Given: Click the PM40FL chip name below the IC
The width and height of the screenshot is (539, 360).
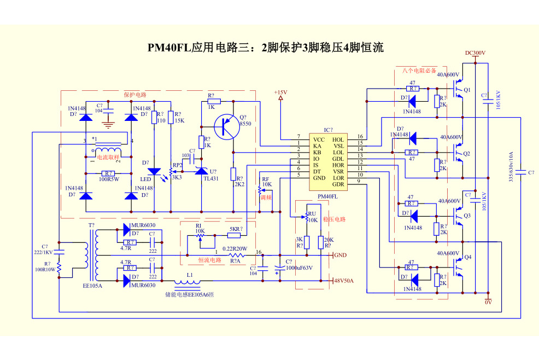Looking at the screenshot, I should [x=327, y=196].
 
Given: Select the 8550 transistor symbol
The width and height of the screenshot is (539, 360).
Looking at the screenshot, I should [x=226, y=127].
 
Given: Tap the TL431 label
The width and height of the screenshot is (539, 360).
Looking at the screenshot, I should [x=210, y=178].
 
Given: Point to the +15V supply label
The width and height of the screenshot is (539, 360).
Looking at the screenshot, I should [x=280, y=92].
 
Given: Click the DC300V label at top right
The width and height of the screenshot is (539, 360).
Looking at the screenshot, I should [x=475, y=53].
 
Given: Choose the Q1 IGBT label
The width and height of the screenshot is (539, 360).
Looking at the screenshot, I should [x=467, y=90].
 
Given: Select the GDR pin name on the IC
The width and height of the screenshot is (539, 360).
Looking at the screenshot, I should [x=338, y=184].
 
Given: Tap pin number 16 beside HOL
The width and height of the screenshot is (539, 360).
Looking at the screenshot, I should [x=360, y=137].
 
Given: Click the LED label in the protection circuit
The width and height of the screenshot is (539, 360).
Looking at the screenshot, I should [x=145, y=179].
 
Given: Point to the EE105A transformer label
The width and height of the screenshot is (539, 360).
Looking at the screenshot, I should [x=92, y=285].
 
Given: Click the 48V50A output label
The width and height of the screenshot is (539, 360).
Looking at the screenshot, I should [x=344, y=281].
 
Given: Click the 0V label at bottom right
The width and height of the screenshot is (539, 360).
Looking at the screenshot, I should [x=488, y=302].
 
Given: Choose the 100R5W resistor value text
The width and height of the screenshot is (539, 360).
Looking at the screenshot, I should [x=109, y=179].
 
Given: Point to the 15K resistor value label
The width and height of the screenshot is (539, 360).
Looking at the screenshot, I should [x=179, y=120].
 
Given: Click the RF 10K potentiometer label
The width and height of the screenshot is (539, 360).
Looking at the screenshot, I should [x=266, y=182].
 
